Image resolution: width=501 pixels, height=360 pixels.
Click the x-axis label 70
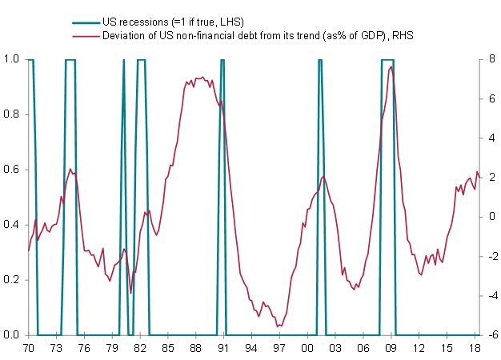pos(29,349)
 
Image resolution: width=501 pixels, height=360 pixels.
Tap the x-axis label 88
pos(195,349)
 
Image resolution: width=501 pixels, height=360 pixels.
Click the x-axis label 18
pos(475,349)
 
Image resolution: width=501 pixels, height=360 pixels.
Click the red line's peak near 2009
pos(391,67)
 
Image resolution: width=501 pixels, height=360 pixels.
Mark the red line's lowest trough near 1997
pos(277,326)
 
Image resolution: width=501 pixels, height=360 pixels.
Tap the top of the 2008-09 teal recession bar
pos(387,60)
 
